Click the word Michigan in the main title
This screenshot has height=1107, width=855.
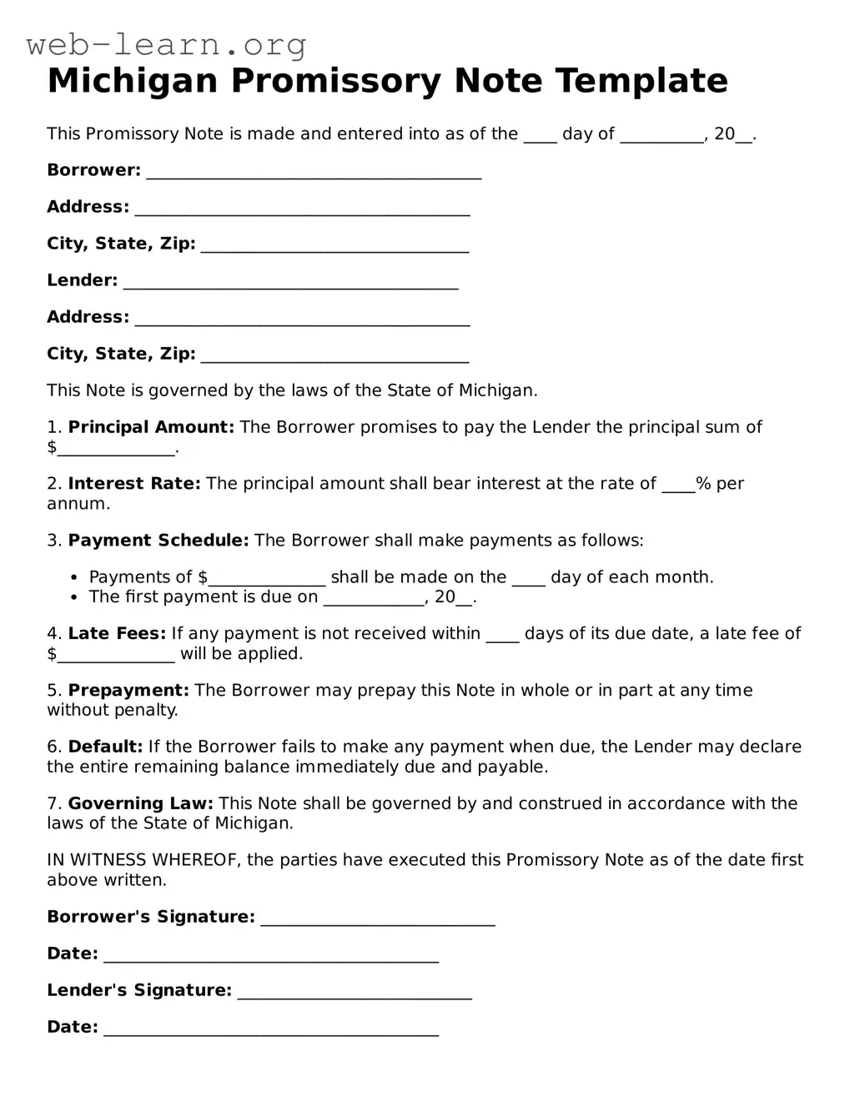point(133,82)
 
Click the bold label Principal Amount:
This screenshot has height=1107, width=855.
point(151,427)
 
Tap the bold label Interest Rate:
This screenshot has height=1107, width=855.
point(134,484)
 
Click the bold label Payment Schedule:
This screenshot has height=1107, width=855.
point(158,541)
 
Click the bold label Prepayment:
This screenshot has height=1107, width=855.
point(128,691)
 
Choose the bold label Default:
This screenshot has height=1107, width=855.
point(105,747)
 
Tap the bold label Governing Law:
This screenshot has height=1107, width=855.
point(140,804)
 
